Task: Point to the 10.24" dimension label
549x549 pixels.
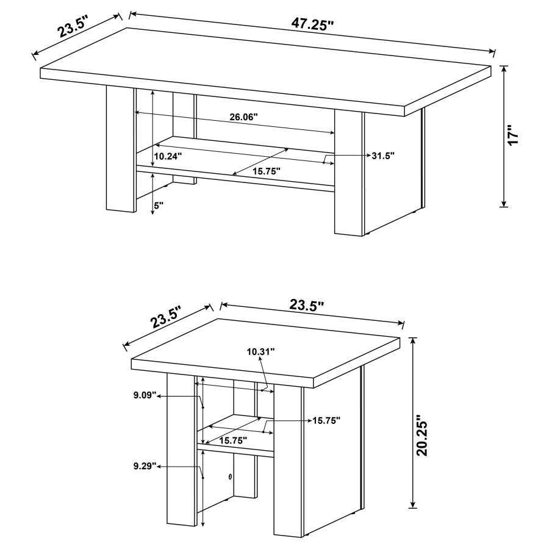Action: tap(168, 156)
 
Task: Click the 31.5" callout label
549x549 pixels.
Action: tap(383, 156)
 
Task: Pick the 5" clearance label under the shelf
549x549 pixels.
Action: tap(159, 206)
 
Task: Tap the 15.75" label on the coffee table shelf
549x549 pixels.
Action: tap(266, 171)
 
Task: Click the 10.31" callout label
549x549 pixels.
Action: tap(261, 351)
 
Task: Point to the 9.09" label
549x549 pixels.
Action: tap(145, 395)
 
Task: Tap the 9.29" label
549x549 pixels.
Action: tap(145, 466)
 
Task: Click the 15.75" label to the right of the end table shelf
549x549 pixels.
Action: tap(326, 420)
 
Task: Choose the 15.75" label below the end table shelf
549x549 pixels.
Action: tap(233, 439)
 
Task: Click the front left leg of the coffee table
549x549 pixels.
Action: tap(120, 149)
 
